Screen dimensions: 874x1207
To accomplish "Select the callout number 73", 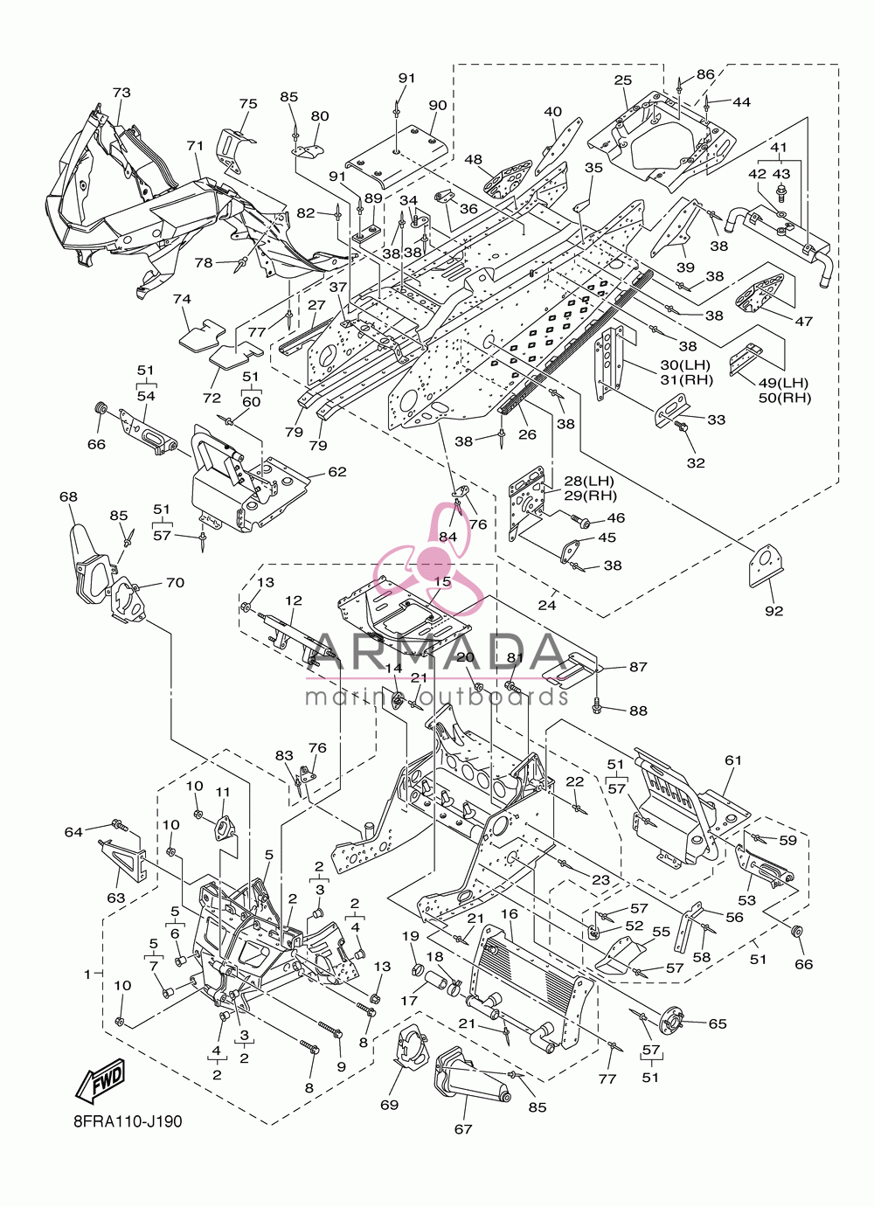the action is (121, 93).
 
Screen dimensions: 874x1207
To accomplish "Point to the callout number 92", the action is (774, 611).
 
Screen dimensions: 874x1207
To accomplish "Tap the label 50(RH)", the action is (785, 399).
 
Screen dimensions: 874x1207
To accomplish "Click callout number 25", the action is (623, 80).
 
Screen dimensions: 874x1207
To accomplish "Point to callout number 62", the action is (337, 471).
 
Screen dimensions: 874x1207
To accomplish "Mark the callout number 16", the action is (510, 914).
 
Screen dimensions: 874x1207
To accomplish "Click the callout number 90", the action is (438, 105).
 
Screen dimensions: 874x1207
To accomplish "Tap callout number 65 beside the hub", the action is (718, 1023).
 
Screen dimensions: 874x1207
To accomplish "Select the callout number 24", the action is (547, 606).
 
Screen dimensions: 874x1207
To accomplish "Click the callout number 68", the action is (68, 496).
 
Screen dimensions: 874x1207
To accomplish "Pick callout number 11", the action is (223, 792).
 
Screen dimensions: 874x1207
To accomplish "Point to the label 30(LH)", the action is (685, 364).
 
